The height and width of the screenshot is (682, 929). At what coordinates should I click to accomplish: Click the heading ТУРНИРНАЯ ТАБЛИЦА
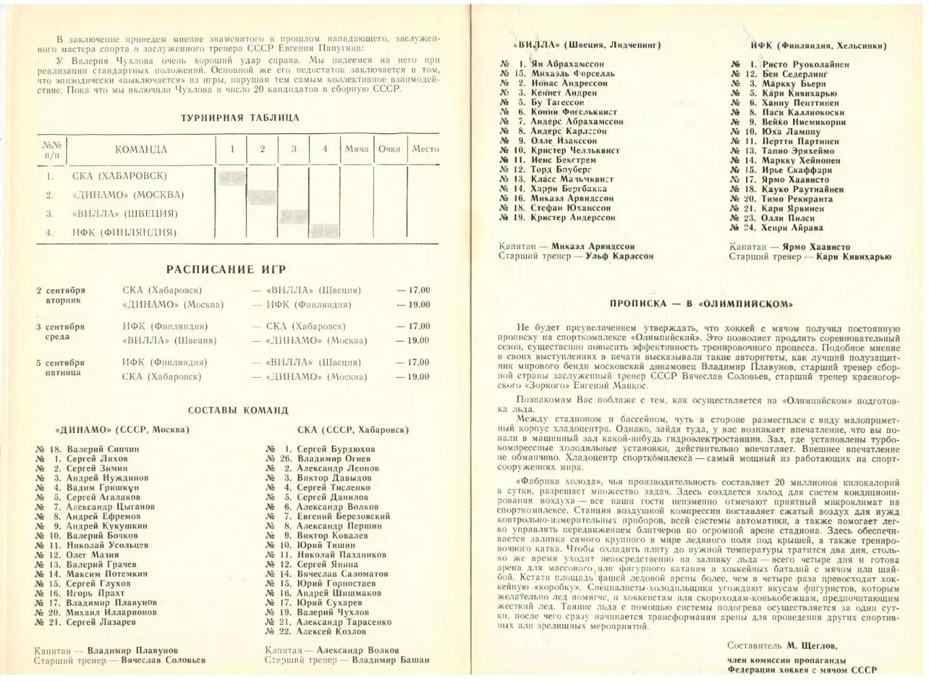239,118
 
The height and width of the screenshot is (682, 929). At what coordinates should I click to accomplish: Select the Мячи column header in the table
356,149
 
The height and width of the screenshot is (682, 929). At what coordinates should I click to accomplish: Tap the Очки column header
390,149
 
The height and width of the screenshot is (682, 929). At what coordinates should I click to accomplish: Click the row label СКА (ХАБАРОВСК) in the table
119,176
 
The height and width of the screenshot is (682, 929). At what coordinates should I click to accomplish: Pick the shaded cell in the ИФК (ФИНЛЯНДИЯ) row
324,232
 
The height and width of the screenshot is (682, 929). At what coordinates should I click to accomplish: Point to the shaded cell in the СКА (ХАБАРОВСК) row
231,176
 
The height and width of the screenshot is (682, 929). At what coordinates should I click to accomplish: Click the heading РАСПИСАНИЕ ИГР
226,269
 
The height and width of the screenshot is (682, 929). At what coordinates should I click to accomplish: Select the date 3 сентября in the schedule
61,327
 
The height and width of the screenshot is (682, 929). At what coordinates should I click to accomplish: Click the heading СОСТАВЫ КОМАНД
238,410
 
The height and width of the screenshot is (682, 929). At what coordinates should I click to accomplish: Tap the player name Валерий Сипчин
103,449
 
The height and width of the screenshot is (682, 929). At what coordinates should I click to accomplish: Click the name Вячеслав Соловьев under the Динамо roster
163,660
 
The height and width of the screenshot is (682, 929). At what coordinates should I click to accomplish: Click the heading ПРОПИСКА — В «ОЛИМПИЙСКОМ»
701,304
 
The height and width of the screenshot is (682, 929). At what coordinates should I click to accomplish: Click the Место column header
425,149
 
